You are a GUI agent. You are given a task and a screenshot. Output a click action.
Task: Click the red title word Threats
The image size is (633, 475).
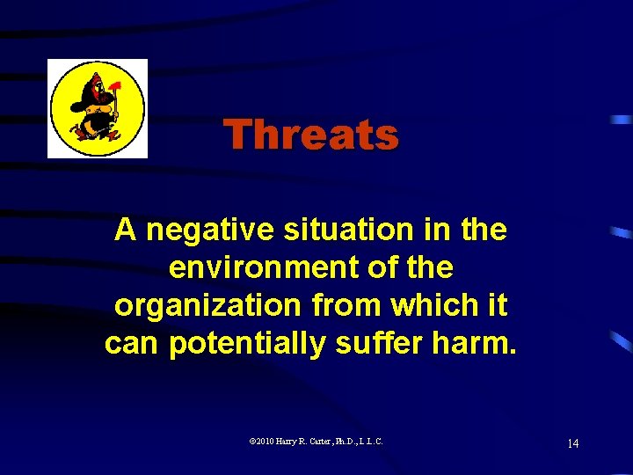(310, 135)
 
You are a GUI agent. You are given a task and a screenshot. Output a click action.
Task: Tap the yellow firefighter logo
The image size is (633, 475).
(97, 108)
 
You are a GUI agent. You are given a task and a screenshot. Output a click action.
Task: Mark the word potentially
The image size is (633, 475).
(251, 343)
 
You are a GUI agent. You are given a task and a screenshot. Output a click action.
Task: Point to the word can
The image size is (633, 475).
(132, 343)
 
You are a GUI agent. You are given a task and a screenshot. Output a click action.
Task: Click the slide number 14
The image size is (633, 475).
(572, 442)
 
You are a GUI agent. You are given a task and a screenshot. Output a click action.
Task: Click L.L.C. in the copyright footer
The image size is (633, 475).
(375, 442)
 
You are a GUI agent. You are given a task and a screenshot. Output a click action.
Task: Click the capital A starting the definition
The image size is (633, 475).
(126, 230)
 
